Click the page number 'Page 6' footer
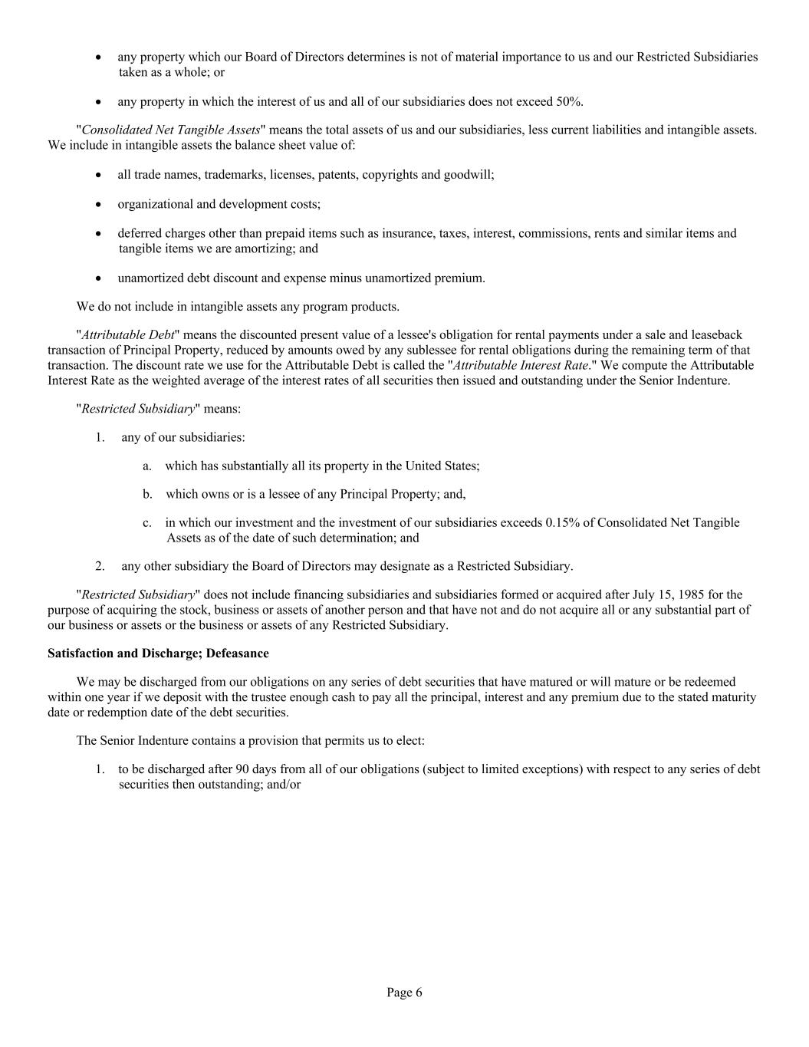pyautogui.click(x=404, y=993)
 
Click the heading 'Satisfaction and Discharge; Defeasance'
pyautogui.click(x=158, y=654)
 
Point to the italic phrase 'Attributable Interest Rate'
pyautogui.click(x=521, y=365)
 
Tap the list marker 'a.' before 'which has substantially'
pyautogui.click(x=147, y=466)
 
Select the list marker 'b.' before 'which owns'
pyautogui.click(x=147, y=494)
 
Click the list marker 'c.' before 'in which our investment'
pyautogui.click(x=147, y=523)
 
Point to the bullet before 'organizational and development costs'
pyautogui.click(x=99, y=205)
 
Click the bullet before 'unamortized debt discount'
pyautogui.click(x=99, y=278)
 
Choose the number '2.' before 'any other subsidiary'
pyautogui.click(x=100, y=566)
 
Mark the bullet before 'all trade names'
pyautogui.click(x=99, y=176)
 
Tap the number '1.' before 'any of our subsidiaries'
pyautogui.click(x=100, y=437)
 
